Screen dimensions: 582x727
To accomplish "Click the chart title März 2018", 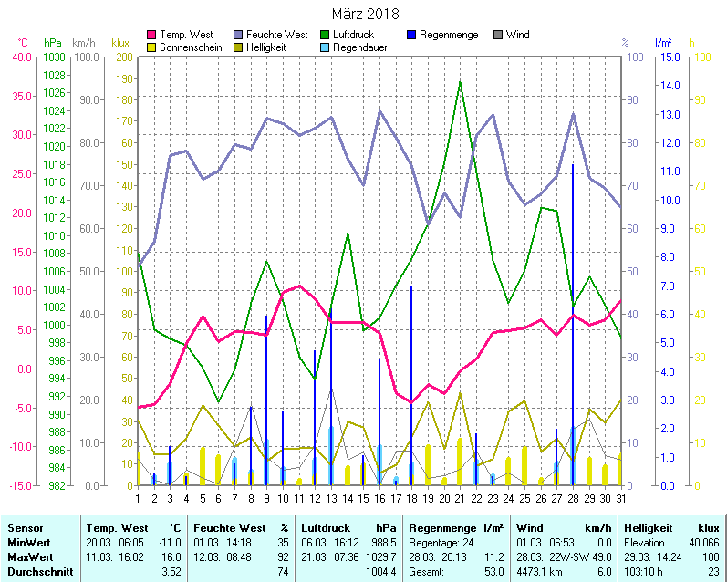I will (x=364, y=14).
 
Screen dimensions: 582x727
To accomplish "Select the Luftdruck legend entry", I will (x=353, y=35).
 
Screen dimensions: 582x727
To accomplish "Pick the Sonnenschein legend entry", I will (x=190, y=47).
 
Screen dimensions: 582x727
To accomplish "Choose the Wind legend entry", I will (x=517, y=35).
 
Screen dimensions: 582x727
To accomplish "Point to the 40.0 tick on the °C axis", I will (x=19, y=57).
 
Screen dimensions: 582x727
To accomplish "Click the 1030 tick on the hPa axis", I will (x=54, y=57).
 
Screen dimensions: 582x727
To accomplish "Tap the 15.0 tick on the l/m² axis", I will (x=668, y=57).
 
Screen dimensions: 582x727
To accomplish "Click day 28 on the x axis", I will (x=573, y=497).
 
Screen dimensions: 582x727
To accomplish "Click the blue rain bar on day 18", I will (x=411, y=383).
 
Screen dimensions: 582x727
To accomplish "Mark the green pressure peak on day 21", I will (x=460, y=82).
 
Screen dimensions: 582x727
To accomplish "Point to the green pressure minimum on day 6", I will (x=218, y=401).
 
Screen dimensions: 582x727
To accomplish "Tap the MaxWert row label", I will (x=30, y=556).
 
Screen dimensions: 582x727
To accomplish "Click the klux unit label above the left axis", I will (x=120, y=43).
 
